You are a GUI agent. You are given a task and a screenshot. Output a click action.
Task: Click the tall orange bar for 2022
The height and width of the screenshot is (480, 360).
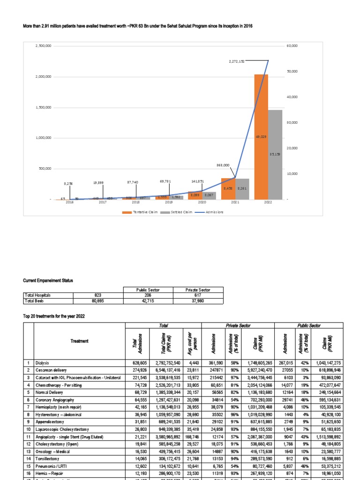click(261, 136)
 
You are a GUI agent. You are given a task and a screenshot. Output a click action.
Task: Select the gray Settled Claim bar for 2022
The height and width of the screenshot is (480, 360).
click(276, 155)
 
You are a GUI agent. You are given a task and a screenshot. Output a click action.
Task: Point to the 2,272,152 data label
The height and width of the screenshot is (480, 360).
click(237, 61)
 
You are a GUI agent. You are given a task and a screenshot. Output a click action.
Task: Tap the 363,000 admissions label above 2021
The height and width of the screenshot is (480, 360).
click(223, 165)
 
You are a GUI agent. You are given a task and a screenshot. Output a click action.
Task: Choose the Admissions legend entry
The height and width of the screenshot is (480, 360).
click(213, 212)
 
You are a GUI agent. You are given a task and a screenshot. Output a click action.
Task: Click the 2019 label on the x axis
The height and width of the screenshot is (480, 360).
click(169, 202)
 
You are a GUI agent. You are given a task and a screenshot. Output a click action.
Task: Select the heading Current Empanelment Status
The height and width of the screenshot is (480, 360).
click(48, 280)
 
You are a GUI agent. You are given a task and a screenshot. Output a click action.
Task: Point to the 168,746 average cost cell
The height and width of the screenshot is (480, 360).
click(192, 428)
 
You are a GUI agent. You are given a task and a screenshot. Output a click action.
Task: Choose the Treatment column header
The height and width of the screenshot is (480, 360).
click(80, 341)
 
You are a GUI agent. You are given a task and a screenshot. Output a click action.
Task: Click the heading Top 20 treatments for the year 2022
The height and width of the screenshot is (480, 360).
click(54, 316)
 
